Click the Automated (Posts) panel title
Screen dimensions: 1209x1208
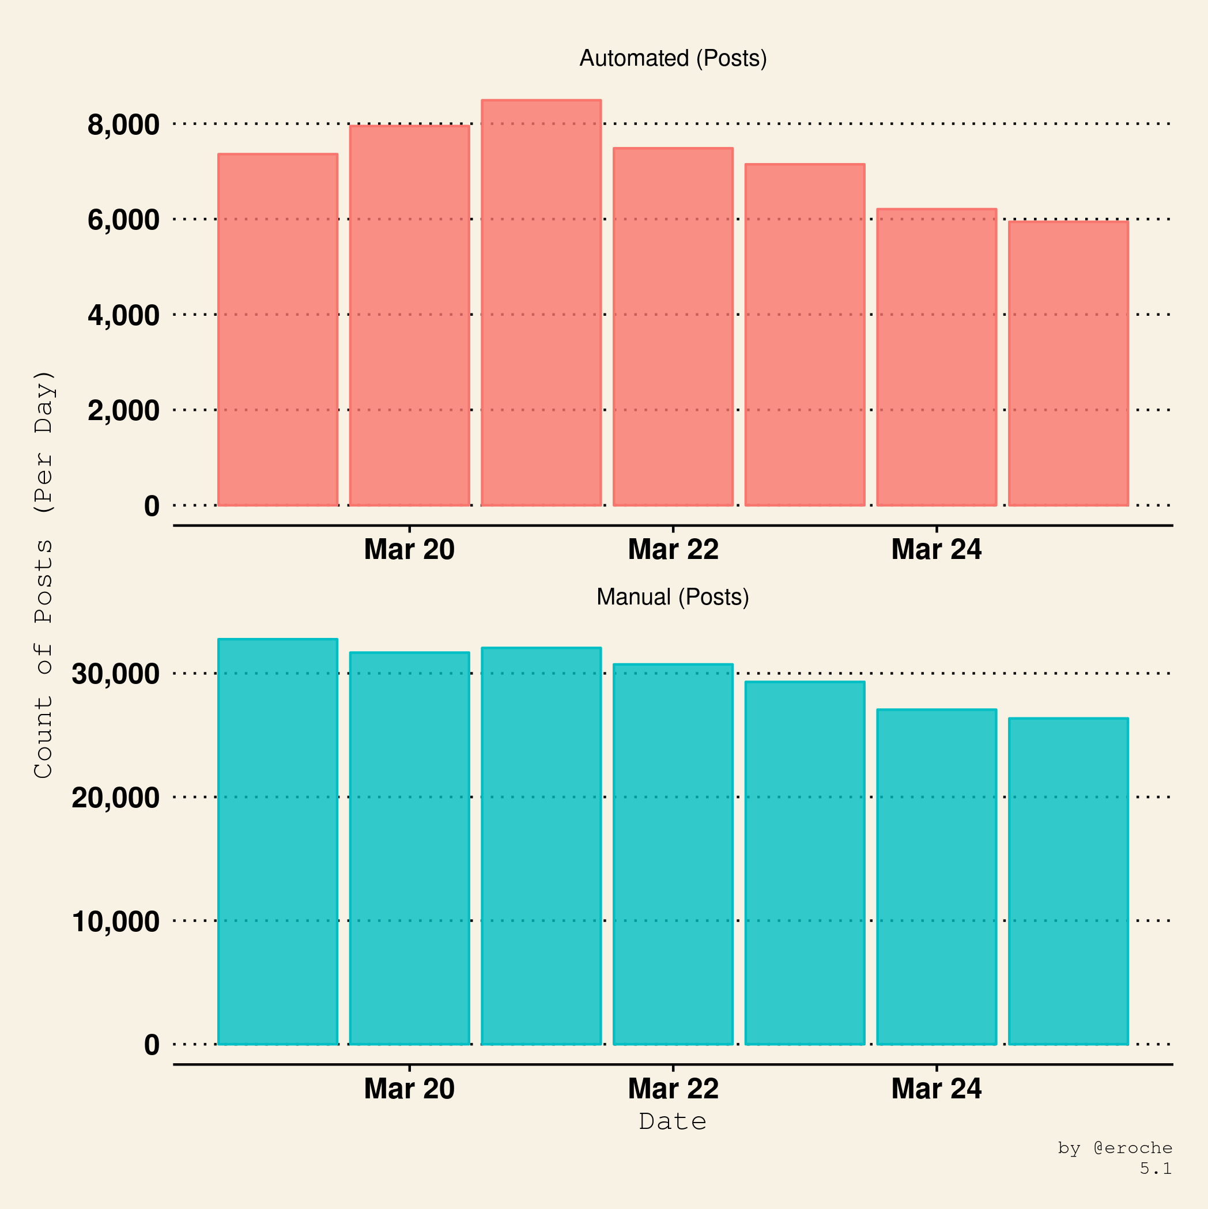[x=673, y=58]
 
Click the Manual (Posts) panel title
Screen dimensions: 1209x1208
[x=673, y=597]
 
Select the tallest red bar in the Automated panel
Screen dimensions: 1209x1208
[x=541, y=303]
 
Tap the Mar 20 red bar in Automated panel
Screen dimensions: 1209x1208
[x=409, y=315]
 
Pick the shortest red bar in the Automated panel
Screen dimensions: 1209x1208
[x=1069, y=363]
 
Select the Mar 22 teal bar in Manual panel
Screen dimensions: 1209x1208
[x=673, y=854]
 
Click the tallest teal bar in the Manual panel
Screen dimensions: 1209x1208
[x=278, y=842]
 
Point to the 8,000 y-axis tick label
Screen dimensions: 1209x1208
[x=123, y=124]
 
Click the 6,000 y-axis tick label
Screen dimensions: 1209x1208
[x=123, y=220]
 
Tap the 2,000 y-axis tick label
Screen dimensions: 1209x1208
[x=123, y=410]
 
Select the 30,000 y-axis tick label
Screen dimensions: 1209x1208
[x=116, y=674]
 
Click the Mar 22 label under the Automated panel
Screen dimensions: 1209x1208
[x=673, y=549]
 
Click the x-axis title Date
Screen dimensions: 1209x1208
[x=673, y=1121]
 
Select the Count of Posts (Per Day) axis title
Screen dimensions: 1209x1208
[x=44, y=575]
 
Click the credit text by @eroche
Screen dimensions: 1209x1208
[x=1115, y=1148]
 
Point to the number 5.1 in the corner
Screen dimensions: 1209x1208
[x=1156, y=1168]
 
